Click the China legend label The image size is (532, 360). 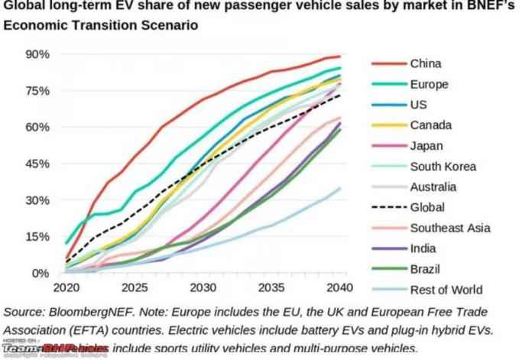425,63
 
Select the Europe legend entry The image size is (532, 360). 429,84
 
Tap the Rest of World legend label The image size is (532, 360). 446,289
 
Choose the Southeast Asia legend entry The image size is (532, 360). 450,228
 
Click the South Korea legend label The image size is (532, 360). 443,167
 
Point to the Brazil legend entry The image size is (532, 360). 426,269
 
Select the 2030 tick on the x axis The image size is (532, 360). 203,289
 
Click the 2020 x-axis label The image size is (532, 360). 66,289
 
